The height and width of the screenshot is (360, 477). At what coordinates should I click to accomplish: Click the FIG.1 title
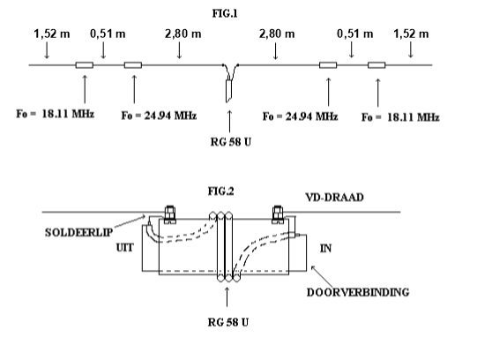(x=225, y=14)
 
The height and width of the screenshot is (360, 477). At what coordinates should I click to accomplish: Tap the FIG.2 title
(x=221, y=191)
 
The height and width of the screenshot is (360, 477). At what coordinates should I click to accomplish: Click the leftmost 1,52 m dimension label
(x=52, y=34)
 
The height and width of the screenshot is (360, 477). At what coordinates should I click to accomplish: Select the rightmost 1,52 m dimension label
(x=411, y=34)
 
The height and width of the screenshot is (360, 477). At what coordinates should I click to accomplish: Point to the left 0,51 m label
(x=108, y=34)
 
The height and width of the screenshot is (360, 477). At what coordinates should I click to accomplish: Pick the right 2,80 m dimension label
(x=277, y=34)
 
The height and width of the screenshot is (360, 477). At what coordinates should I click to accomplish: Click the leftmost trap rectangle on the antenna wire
(x=85, y=65)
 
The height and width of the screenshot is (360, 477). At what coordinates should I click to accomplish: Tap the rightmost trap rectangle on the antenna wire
(x=376, y=65)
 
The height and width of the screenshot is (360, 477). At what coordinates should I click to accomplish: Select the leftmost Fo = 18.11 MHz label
(x=55, y=114)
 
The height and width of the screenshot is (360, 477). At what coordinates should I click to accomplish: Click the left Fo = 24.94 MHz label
(x=159, y=116)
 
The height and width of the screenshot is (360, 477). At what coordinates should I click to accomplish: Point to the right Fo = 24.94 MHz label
(x=301, y=116)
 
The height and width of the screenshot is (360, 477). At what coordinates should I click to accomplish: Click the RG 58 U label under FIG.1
(x=231, y=142)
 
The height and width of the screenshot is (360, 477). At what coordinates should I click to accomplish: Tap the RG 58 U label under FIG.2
(x=228, y=322)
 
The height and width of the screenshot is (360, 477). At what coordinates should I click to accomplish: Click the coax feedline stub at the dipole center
(x=229, y=91)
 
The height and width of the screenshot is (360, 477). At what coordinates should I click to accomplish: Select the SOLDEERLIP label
(x=78, y=232)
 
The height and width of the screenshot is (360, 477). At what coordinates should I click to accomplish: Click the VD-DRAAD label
(x=335, y=198)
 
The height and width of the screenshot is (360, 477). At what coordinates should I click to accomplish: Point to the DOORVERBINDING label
(x=358, y=292)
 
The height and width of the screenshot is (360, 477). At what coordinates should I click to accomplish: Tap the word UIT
(x=125, y=248)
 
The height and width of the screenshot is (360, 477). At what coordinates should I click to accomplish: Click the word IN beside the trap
(x=326, y=248)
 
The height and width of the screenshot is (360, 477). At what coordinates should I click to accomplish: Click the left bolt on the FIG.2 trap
(x=170, y=214)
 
